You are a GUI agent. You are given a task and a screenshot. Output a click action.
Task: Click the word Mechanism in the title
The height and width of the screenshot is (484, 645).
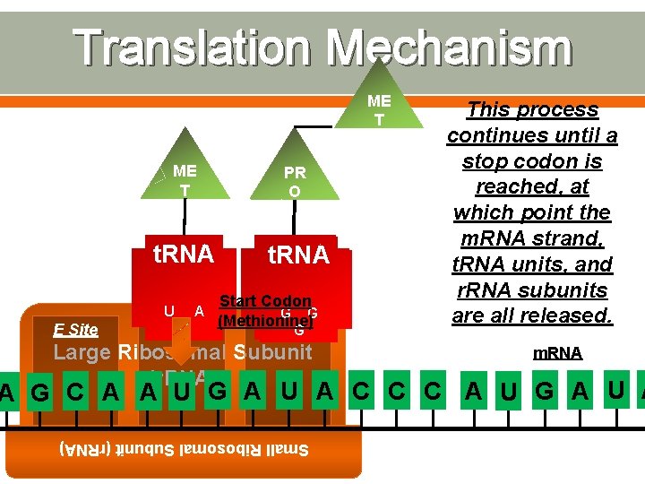(449, 48)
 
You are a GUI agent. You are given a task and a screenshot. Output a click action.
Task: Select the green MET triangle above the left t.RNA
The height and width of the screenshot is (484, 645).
(185, 176)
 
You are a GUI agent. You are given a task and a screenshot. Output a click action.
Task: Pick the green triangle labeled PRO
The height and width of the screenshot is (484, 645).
(294, 176)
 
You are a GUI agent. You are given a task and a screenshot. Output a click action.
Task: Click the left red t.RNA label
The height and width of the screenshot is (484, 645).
(184, 255)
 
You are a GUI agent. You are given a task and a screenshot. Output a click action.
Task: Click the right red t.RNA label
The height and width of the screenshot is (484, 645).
(298, 255)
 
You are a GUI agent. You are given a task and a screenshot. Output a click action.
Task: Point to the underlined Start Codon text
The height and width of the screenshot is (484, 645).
(265, 302)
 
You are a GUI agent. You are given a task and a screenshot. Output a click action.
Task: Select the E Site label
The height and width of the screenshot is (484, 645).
(76, 330)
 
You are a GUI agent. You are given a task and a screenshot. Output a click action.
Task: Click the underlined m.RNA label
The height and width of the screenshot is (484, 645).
(557, 354)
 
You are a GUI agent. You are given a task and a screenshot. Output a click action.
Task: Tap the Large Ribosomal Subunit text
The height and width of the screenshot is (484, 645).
(183, 352)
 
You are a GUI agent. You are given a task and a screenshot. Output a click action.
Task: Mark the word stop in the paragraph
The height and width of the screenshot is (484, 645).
(484, 161)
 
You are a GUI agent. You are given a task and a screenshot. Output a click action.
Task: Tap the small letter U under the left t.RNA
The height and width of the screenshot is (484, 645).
(168, 311)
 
